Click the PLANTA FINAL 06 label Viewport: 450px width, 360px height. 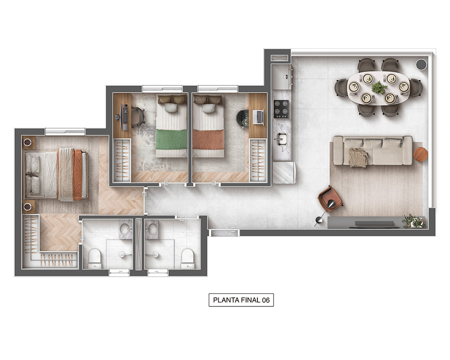[x=241, y=300]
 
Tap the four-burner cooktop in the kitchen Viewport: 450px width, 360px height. [x=281, y=109]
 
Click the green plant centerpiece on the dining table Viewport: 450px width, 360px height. [x=379, y=87]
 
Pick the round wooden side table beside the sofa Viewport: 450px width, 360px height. [x=420, y=154]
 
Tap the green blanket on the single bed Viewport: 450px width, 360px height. [x=171, y=139]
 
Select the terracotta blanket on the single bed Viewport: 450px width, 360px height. [x=208, y=139]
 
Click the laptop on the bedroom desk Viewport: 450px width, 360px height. [x=258, y=117]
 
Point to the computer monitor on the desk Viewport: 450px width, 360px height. [x=124, y=117]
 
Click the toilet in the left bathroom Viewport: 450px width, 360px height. [x=94, y=259]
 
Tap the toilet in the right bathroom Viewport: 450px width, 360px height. [x=188, y=259]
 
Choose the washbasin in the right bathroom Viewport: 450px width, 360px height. [x=152, y=229]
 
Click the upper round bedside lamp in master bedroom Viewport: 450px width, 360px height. [x=27, y=142]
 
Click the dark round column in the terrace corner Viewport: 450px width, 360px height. [x=421, y=64]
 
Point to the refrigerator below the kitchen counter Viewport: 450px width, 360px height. [x=283, y=172]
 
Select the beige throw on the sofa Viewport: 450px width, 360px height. [x=358, y=157]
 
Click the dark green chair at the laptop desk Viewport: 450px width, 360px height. [x=242, y=118]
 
